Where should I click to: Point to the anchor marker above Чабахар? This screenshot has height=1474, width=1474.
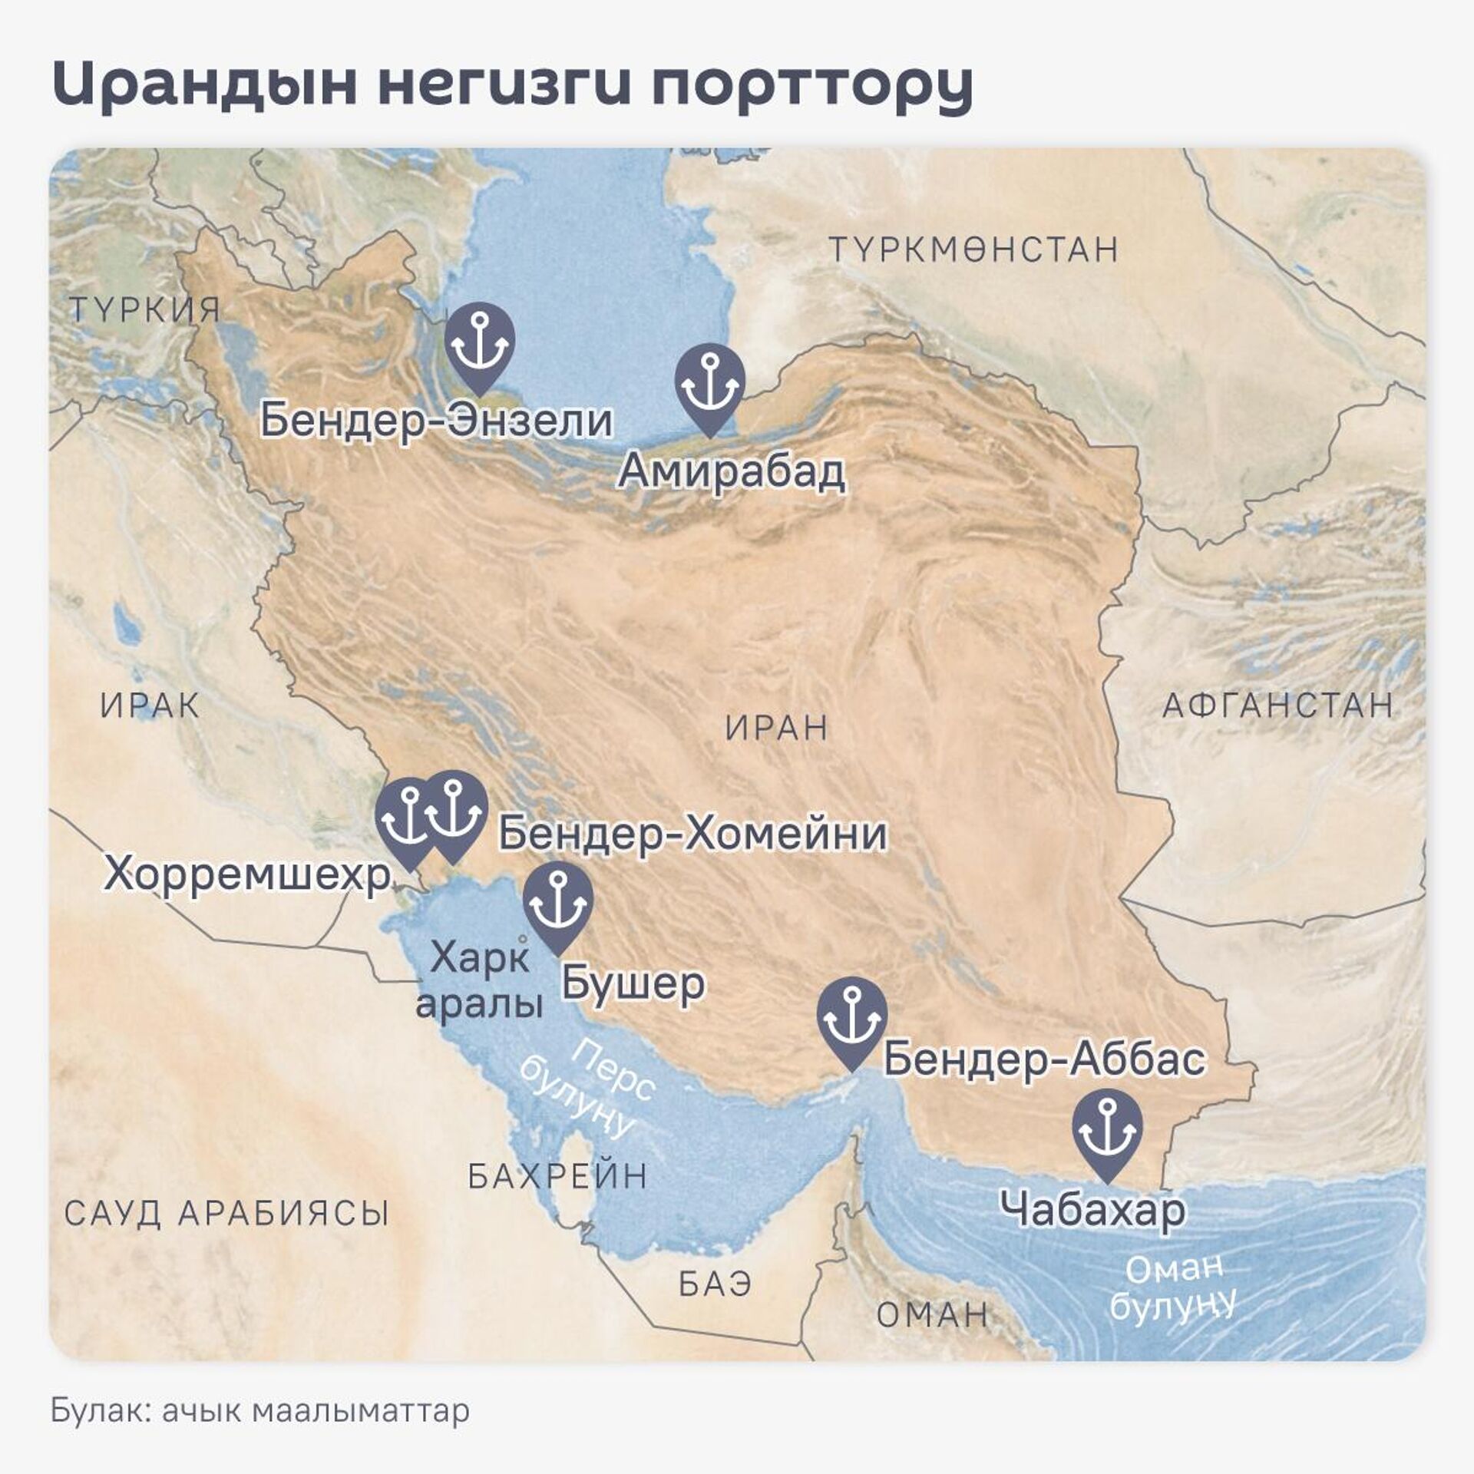click(1107, 1132)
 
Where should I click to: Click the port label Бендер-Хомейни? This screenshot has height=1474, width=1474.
click(692, 834)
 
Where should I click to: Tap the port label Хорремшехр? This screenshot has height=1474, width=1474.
click(247, 874)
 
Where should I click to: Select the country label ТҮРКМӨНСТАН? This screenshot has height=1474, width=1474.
click(973, 250)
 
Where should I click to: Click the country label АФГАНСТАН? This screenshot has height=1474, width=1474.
click(1277, 706)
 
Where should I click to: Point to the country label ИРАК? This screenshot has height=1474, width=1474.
click(150, 706)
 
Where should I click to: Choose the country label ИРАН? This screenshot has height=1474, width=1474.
click(776, 728)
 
